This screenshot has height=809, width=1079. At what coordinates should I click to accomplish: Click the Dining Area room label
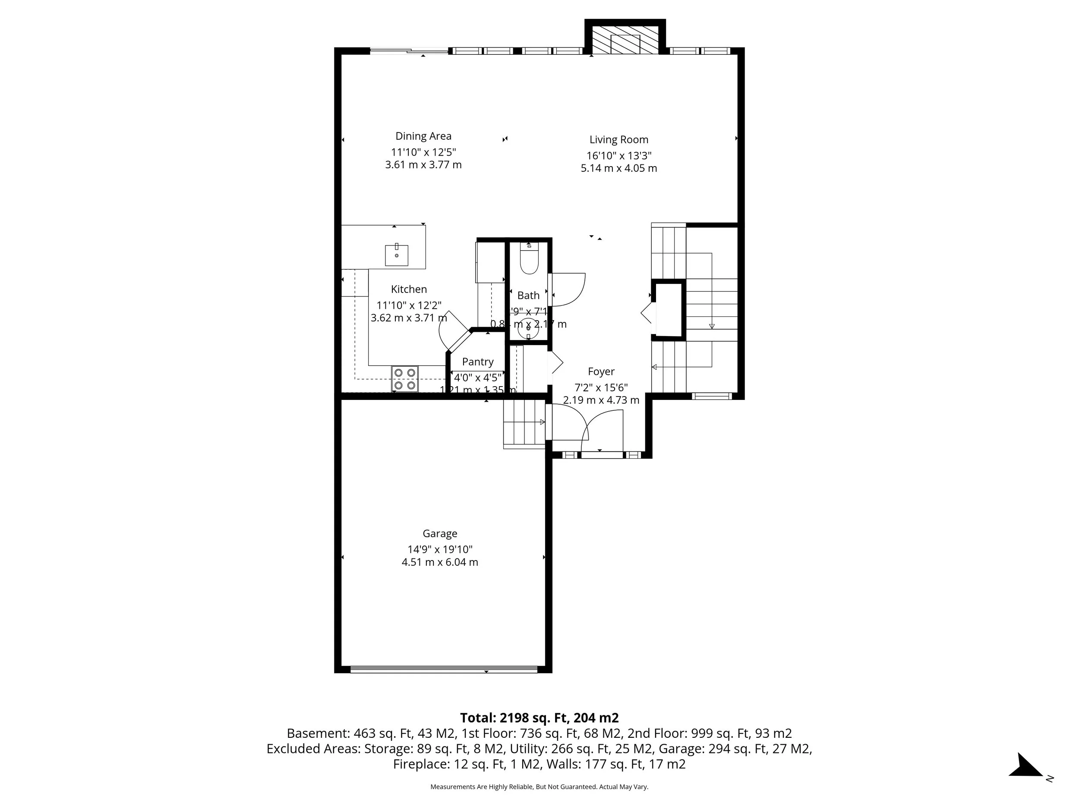(x=423, y=136)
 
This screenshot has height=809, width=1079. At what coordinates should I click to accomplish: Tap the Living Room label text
(x=618, y=139)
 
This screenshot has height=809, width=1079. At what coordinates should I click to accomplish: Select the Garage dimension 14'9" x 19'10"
(x=439, y=549)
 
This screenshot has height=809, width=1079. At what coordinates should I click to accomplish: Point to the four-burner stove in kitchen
(x=405, y=379)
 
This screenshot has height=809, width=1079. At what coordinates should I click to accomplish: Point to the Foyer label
(x=601, y=371)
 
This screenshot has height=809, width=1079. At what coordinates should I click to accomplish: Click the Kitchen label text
(x=409, y=289)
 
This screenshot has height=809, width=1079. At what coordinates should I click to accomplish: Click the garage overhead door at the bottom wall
(x=444, y=670)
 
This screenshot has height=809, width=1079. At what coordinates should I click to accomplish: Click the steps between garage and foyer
(x=524, y=422)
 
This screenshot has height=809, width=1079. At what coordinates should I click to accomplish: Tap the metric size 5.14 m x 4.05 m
(x=618, y=168)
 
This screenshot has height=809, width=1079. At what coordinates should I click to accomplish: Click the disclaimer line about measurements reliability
(x=539, y=787)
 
